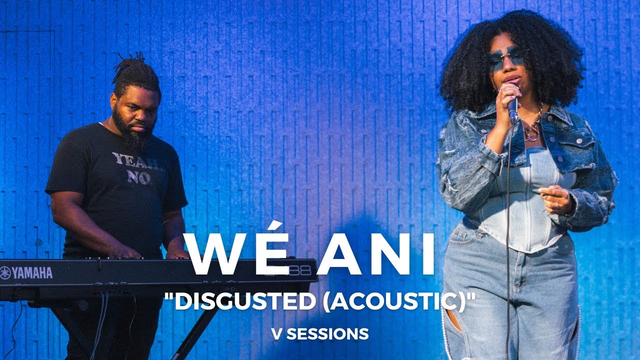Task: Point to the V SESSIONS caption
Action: [320, 333]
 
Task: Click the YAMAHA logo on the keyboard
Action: [27, 272]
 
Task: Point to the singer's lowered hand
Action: [556, 198]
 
